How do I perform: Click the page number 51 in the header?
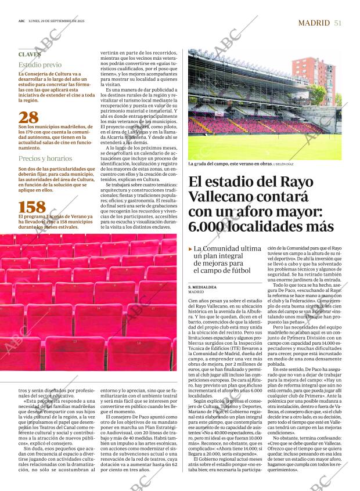337,23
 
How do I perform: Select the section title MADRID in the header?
314,23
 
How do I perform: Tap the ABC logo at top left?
21,23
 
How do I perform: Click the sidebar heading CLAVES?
30,55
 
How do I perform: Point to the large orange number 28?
29,117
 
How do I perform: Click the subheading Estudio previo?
39,66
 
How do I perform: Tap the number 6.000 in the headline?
213,227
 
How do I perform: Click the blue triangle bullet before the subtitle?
190,249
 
